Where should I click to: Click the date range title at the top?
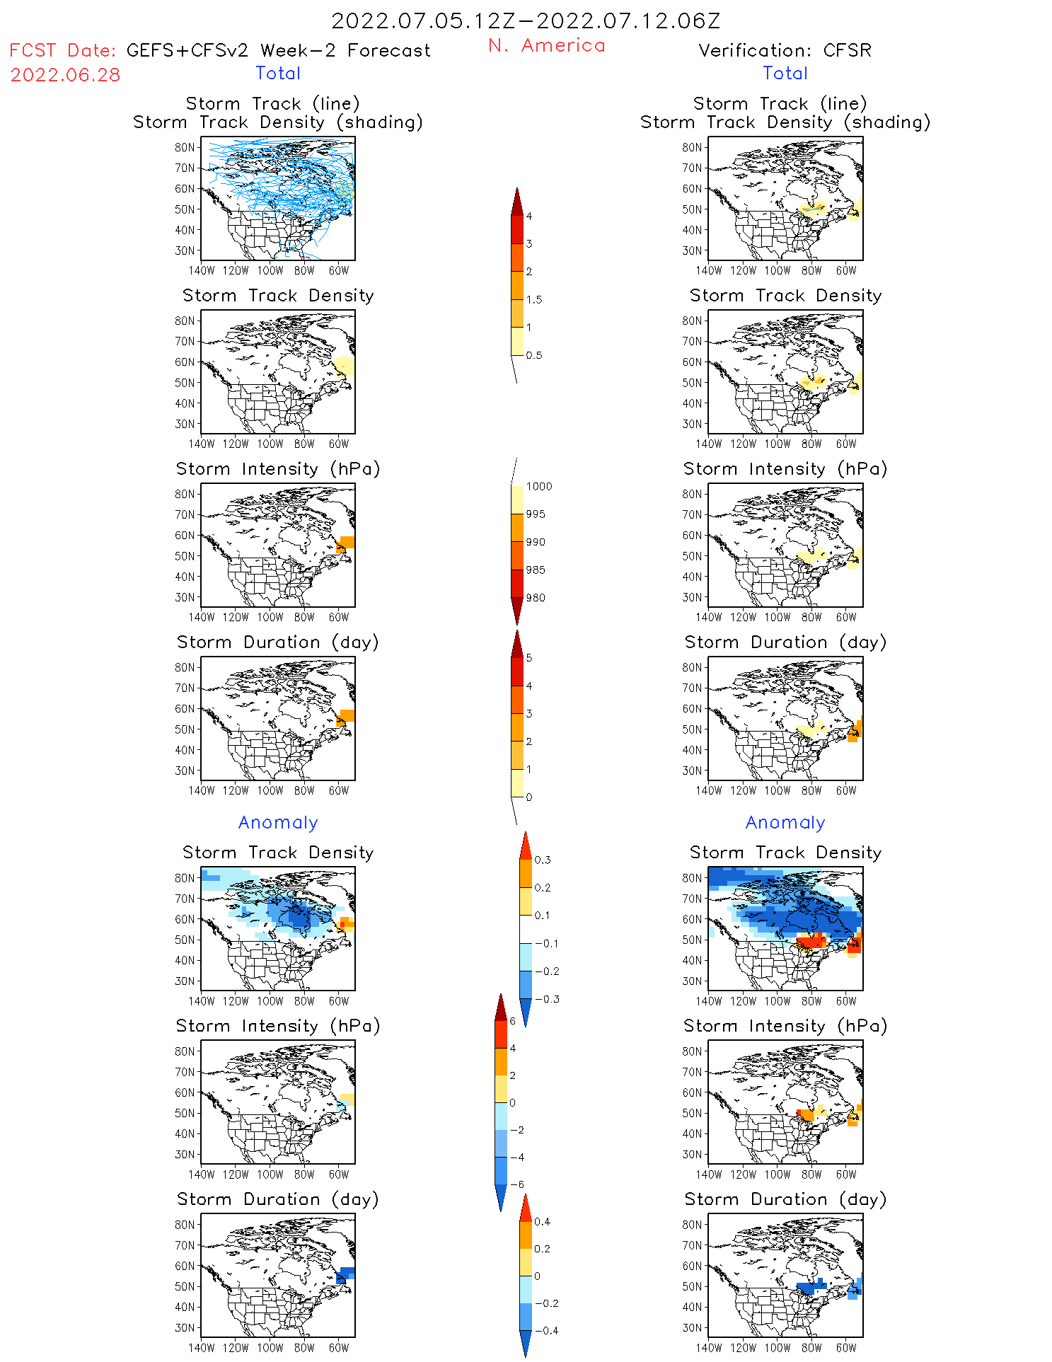click(526, 21)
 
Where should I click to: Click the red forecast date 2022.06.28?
click(65, 75)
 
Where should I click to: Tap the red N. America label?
click(547, 45)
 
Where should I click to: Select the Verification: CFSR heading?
click(785, 50)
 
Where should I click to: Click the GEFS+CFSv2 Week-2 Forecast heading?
click(278, 50)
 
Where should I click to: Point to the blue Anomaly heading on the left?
click(278, 822)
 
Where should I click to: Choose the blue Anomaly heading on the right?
click(785, 822)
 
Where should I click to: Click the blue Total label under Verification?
click(785, 73)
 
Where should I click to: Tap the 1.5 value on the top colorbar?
click(534, 299)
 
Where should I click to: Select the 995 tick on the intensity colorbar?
click(536, 514)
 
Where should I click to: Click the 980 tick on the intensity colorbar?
click(536, 598)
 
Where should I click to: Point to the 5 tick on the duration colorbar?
click(529, 658)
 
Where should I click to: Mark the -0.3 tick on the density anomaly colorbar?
click(547, 999)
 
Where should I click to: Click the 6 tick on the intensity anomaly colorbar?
click(513, 1021)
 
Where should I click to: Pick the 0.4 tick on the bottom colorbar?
click(542, 1221)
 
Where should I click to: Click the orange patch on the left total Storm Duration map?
click(346, 716)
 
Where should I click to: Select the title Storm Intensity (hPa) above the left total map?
click(278, 468)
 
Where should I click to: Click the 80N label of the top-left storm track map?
click(185, 147)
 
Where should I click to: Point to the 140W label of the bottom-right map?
click(709, 1348)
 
